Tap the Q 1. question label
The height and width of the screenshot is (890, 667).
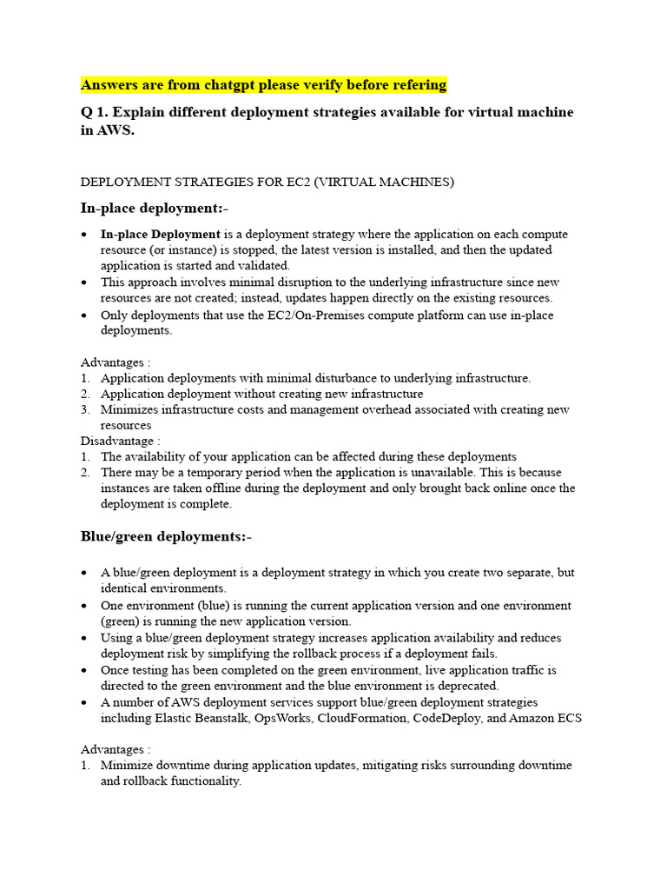pyautogui.click(x=96, y=113)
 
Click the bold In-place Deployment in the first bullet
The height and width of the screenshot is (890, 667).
pyautogui.click(x=160, y=235)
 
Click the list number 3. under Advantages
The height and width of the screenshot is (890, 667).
pyautogui.click(x=85, y=409)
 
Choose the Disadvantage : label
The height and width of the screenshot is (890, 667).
pyautogui.click(x=120, y=441)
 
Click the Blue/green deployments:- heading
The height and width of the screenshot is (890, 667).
pyautogui.click(x=166, y=536)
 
